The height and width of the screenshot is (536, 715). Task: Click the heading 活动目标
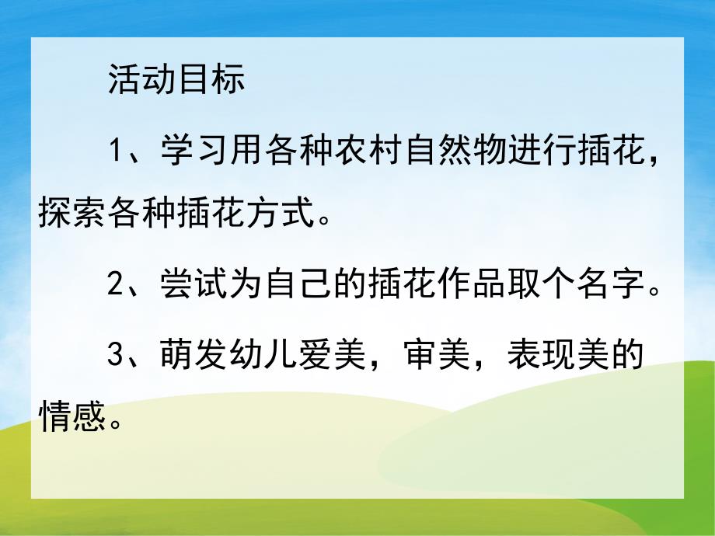point(176,80)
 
